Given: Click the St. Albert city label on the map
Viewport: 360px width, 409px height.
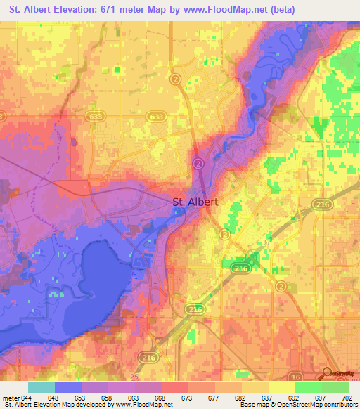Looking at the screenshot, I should [x=195, y=202].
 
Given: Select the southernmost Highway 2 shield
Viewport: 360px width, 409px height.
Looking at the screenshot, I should [x=281, y=286].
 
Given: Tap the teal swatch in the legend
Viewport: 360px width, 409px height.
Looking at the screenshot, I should [x=41, y=387].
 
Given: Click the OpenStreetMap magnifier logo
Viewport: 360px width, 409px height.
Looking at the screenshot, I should [x=327, y=373].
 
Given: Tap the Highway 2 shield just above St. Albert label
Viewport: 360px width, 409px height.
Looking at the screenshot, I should [x=198, y=163].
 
